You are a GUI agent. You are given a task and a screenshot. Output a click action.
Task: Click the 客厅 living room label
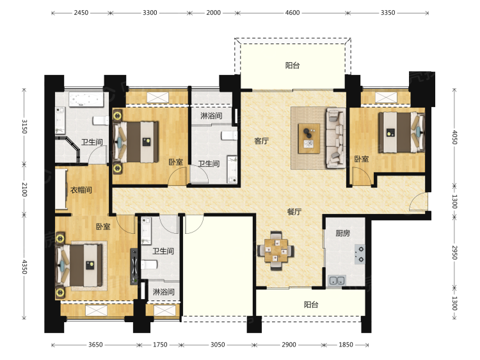pos(261,141)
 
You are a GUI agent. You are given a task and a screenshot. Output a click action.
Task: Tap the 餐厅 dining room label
pos(294,212)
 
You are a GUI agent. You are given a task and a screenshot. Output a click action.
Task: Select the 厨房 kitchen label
pos(342,233)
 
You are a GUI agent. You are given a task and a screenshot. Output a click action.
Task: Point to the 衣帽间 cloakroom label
pos(81,190)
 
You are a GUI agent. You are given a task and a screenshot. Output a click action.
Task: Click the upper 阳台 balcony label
pos(292,65)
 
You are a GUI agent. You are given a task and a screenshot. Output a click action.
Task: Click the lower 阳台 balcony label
pos(311,304)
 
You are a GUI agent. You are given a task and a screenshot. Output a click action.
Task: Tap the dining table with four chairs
pos(276,250)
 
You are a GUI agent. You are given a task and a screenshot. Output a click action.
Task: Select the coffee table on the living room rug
pos(309,138)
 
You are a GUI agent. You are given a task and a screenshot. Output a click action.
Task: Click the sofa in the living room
pos(336,138)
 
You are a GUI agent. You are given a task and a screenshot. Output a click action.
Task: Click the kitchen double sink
pos(337,281)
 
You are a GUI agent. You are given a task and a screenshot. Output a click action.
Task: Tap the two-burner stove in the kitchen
pos(360,254)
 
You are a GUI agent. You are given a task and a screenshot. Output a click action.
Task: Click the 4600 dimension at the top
pos(292,13)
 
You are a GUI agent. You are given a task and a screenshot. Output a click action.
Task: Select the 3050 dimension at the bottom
pos(218,345)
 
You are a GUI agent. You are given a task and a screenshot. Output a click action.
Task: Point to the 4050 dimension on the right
pos(455,137)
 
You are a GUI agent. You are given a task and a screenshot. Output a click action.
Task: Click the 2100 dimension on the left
pos(24,190)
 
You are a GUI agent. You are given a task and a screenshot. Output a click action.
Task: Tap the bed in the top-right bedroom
pos(402,133)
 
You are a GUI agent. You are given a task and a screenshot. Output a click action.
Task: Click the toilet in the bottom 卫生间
pos(149,265)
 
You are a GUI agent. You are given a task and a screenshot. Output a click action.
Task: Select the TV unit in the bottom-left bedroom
pos(134,266)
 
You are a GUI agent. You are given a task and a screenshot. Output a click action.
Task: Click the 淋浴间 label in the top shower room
pos(211,116)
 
